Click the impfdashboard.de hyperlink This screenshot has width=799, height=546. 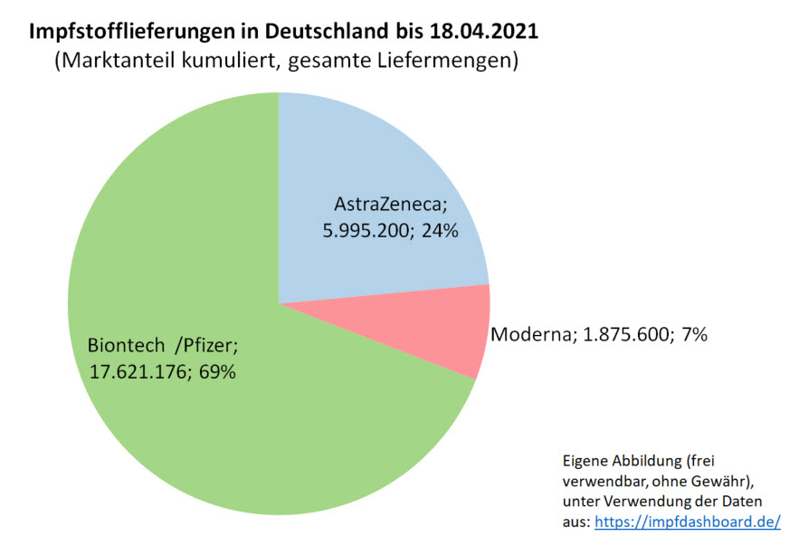(687, 522)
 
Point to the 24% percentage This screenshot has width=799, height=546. (440, 231)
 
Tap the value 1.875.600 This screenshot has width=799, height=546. (622, 335)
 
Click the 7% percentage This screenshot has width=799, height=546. (691, 335)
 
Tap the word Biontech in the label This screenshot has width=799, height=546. (123, 346)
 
